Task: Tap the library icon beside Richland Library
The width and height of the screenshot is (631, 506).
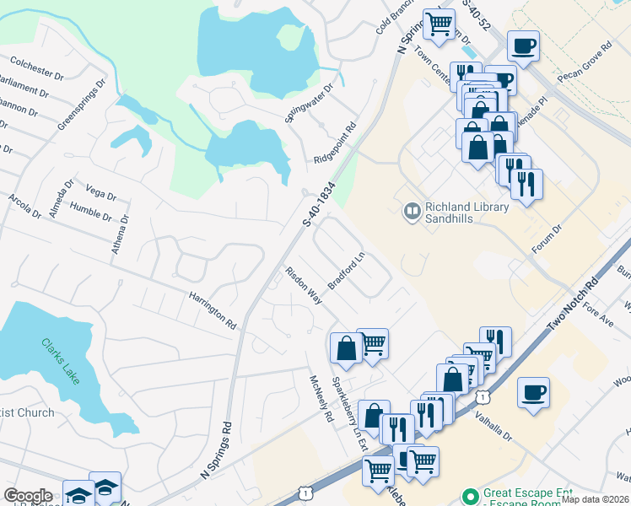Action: click(413, 212)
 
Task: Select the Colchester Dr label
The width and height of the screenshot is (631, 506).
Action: click(36, 67)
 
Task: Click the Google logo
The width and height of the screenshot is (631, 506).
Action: click(28, 496)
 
